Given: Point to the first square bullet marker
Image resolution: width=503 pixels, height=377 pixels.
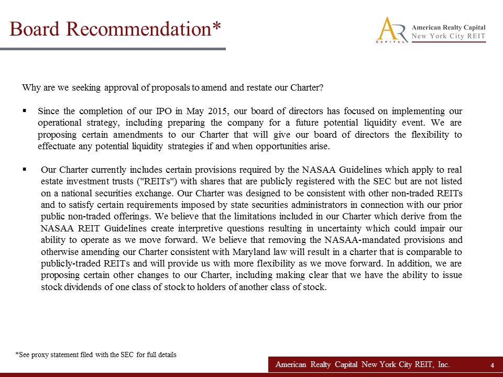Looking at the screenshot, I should point(25,111).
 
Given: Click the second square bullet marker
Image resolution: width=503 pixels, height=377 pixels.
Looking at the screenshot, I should point(25,170).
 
